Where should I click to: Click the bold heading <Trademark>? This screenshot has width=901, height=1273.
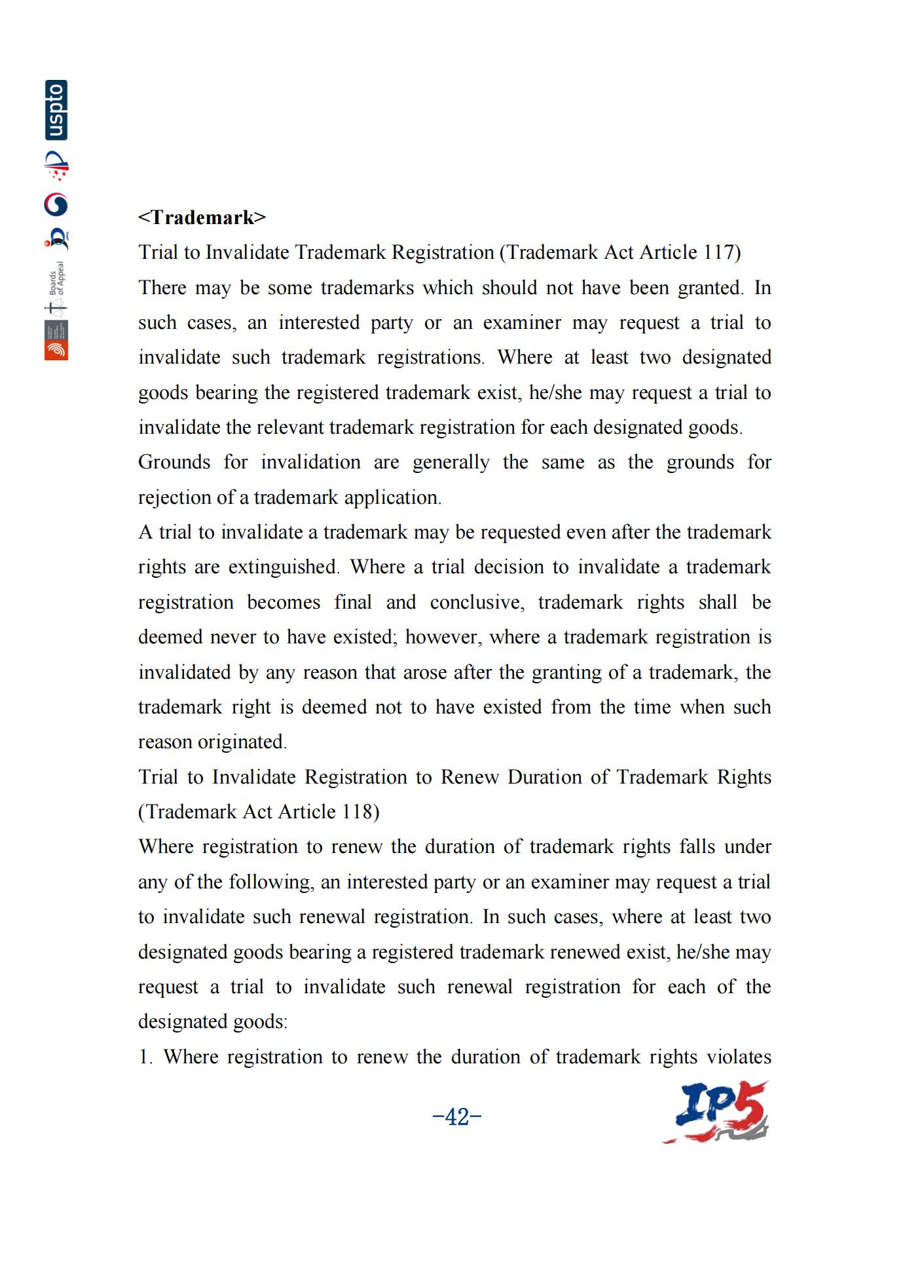(202, 218)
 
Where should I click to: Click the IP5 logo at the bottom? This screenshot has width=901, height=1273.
(717, 1112)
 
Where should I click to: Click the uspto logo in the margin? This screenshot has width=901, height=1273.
(56, 110)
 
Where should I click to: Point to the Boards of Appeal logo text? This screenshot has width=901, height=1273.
(58, 278)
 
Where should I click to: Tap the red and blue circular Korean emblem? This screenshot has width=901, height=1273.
(56, 205)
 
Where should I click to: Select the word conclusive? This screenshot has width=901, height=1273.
(477, 602)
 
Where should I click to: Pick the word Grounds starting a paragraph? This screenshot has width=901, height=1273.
(174, 462)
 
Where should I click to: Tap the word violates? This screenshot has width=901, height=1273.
(738, 1057)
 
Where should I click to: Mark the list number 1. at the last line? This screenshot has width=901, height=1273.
(145, 1057)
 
